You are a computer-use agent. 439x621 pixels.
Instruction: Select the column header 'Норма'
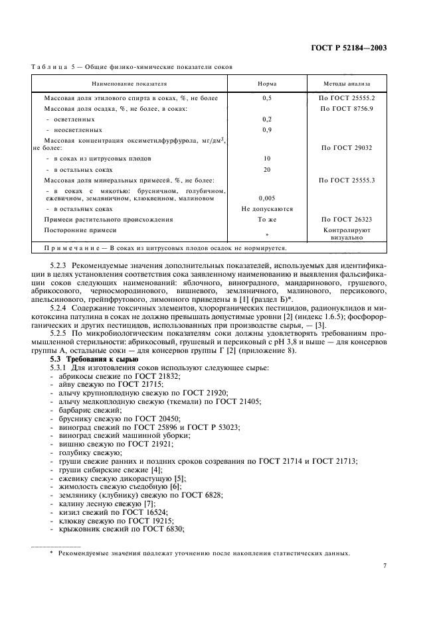click(x=266, y=85)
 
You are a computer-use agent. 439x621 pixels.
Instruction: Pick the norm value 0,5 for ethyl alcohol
click(x=266, y=98)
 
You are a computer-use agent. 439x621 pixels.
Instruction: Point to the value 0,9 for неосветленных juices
click(x=266, y=129)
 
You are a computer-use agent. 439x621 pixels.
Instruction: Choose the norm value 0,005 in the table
click(x=266, y=198)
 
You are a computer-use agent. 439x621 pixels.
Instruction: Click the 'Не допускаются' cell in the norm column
click(x=266, y=208)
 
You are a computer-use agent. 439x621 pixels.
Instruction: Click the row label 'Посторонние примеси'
click(x=80, y=230)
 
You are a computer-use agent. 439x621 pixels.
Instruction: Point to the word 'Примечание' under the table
click(x=72, y=249)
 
